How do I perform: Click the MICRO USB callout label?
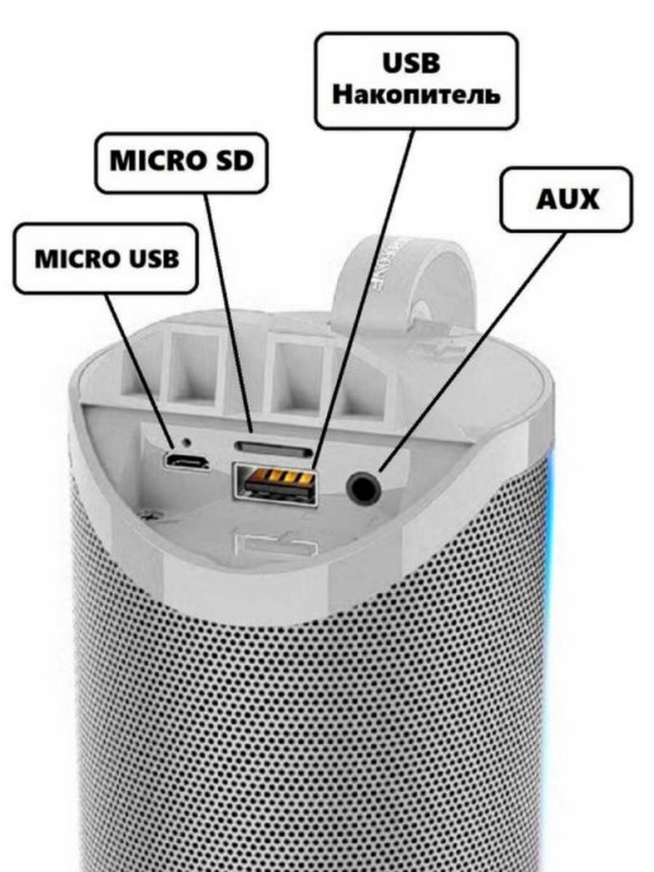[106, 259]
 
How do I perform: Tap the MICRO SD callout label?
[181, 162]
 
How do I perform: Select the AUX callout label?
[566, 200]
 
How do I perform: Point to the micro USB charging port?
[186, 461]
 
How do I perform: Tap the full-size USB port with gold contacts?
[275, 481]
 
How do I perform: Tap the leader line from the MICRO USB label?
[138, 367]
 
